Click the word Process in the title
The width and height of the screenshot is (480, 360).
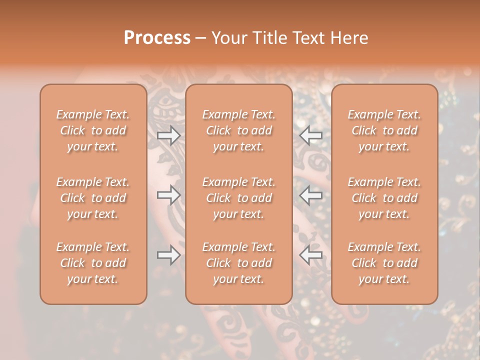157,38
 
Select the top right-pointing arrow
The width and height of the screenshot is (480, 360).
169,135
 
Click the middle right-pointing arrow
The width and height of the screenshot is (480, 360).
169,195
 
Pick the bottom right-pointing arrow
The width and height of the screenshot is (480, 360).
169,255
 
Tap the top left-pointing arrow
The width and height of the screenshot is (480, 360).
310,135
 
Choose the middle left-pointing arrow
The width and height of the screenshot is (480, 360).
310,195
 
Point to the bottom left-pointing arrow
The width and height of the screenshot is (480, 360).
310,255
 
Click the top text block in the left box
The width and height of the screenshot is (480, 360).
93,130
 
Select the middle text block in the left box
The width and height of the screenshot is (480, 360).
93,198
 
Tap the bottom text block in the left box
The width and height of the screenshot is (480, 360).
93,263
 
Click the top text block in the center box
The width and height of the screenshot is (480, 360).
239,130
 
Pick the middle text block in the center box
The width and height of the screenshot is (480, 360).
239,198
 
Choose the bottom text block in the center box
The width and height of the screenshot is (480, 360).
239,263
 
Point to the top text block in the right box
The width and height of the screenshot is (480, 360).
384,130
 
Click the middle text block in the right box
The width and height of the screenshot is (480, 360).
384,198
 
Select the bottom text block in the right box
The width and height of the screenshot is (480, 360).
384,263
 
